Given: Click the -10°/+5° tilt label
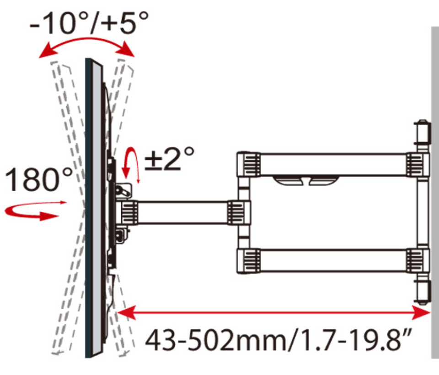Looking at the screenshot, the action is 89,22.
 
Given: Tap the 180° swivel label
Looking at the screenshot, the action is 39,179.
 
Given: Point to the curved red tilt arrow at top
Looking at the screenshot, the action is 86,39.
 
